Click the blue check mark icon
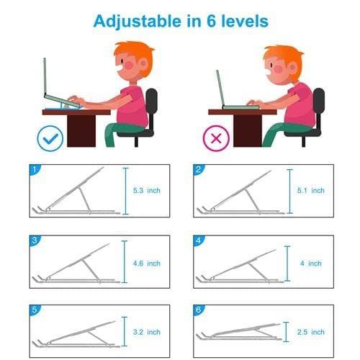(50, 138)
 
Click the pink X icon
(216, 138)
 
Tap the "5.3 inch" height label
(147, 191)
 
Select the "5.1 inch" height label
(311, 191)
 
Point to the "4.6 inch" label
(147, 264)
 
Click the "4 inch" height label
(311, 264)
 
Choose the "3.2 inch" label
(147, 332)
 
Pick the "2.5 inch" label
(311, 332)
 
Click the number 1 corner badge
(35, 169)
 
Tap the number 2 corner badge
(199, 169)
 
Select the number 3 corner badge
(35, 240)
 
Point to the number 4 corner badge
(199, 240)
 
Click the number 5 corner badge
(35, 310)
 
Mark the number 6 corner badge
(199, 310)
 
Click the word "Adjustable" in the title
(138, 22)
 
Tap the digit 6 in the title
(211, 21)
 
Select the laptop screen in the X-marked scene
(220, 88)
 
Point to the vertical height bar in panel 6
(286, 332)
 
